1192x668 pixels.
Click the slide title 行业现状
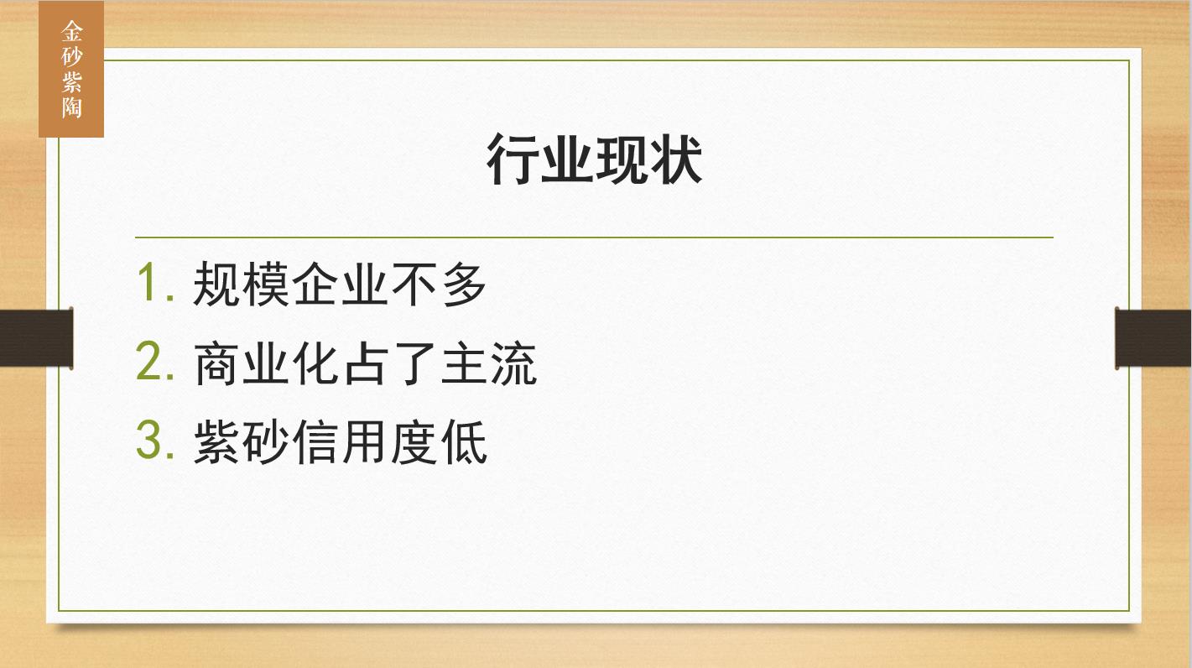[595, 159]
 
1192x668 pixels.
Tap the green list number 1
[155, 283]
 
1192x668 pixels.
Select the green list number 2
[155, 362]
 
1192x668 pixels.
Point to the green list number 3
[155, 440]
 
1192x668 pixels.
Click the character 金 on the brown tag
[71, 31]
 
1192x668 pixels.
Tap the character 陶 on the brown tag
[71, 107]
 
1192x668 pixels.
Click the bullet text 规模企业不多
[340, 284]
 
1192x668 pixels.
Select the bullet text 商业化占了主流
[365, 363]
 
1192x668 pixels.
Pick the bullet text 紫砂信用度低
[341, 441]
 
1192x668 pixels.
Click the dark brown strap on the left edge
[36, 338]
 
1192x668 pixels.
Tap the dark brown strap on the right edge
[1153, 338]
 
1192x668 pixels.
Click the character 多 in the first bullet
[464, 284]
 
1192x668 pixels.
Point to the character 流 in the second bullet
[513, 363]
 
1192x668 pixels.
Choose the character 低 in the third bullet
[464, 441]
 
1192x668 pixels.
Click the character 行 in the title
[513, 159]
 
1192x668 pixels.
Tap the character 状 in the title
[676, 159]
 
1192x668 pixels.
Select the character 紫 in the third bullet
[216, 441]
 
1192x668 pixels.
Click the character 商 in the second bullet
[216, 363]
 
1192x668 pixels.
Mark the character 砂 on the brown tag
[71, 56]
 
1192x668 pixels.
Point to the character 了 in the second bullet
[415, 363]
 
